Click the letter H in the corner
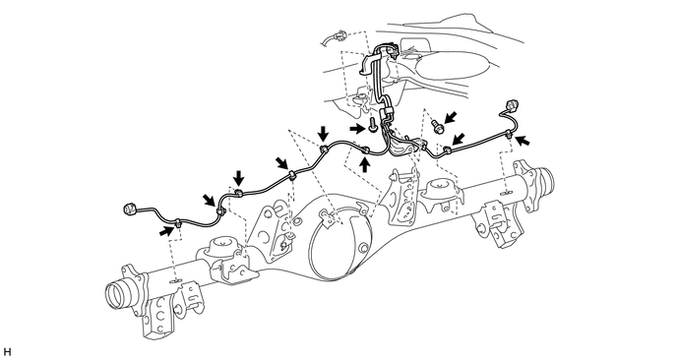(x=7, y=352)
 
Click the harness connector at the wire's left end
(x=131, y=210)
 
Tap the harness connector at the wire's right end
(x=512, y=105)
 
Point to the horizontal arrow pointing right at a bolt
(x=358, y=128)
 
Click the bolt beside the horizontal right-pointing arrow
(x=373, y=126)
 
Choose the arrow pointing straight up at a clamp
(x=365, y=164)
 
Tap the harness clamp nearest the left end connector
(x=178, y=223)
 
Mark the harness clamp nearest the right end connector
(x=510, y=134)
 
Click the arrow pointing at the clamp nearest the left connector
(x=166, y=231)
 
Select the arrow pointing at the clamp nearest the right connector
(x=523, y=141)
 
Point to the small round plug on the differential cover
(x=363, y=247)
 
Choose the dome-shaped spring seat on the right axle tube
(x=439, y=187)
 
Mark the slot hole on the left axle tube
(x=174, y=281)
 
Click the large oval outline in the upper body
(x=453, y=66)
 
